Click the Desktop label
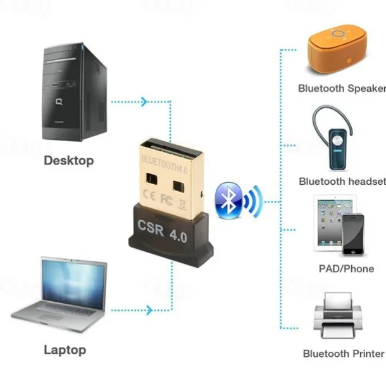point(68,160)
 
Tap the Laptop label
point(65,349)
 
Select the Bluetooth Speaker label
point(342,88)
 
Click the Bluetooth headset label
point(342,182)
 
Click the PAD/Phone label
point(346,268)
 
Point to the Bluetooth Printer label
point(343,354)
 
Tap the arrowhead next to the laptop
point(149,310)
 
